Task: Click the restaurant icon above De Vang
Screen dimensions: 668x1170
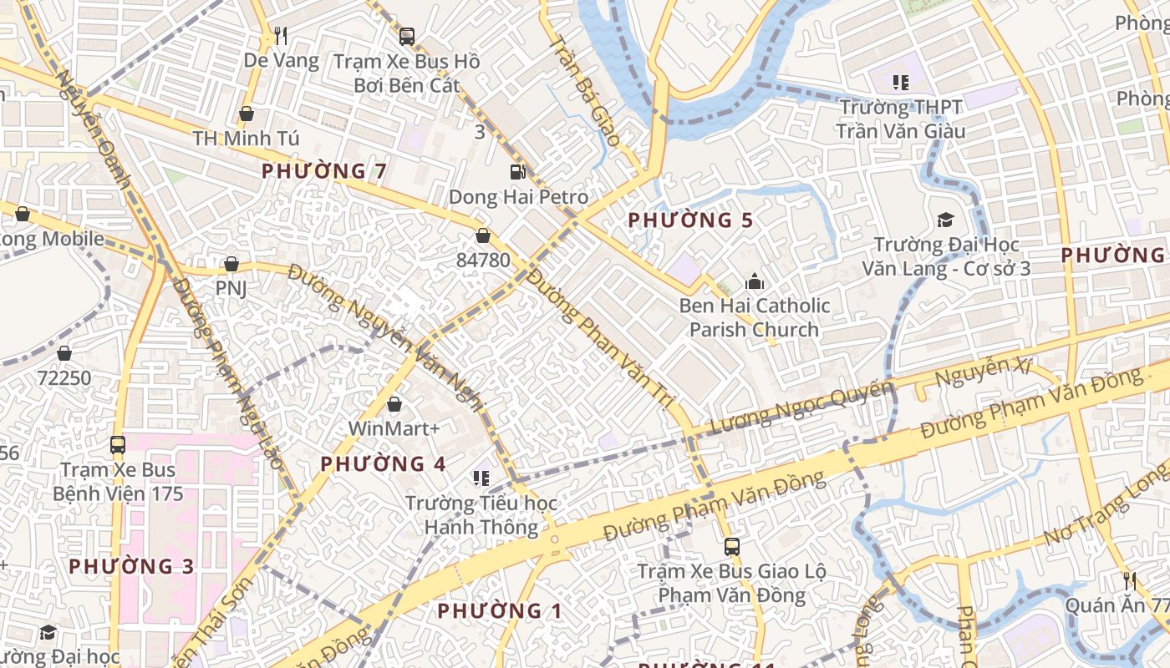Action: [x=281, y=36]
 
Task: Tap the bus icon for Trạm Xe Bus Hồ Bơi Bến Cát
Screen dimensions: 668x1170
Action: [x=407, y=36]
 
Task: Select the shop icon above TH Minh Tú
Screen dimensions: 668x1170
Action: [x=247, y=114]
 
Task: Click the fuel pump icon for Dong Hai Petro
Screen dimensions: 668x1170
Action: [x=518, y=172]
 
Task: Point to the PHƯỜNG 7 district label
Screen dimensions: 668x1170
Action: [x=324, y=171]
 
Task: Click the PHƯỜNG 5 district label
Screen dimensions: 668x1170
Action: [x=690, y=220]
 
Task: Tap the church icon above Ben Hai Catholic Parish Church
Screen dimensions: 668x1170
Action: [x=755, y=281]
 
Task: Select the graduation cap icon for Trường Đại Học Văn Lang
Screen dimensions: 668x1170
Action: [x=945, y=220]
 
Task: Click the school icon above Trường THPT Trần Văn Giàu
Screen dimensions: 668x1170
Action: [x=900, y=82]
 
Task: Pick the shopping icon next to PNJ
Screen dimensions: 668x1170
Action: [x=231, y=265]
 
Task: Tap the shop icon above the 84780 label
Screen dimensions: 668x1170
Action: [x=483, y=235]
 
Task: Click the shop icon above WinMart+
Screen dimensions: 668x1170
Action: [x=394, y=404]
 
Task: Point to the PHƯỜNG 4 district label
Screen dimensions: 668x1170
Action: [x=383, y=463]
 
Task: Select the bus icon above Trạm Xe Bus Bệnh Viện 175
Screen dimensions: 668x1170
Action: [x=118, y=445]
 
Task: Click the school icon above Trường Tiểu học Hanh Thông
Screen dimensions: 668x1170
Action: [x=481, y=478]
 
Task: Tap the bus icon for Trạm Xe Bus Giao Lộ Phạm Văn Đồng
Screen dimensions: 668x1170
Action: [x=731, y=547]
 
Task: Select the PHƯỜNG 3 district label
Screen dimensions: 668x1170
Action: [x=131, y=566]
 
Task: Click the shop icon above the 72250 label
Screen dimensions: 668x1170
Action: [x=64, y=353]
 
